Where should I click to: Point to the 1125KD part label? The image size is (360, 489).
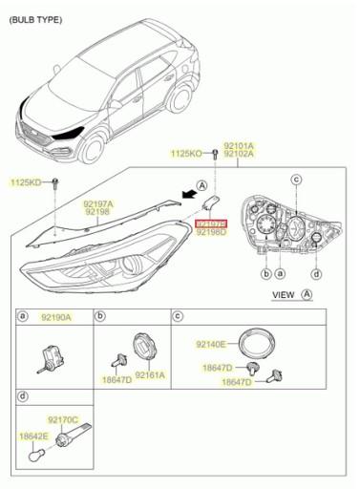coord(27,181)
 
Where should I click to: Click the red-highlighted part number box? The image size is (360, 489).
coord(211,221)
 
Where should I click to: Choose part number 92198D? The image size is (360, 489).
coord(211,231)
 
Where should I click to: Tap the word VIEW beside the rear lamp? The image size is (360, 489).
coord(284,296)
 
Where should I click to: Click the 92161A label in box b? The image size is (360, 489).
coord(149,376)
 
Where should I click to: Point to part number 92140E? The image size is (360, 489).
coord(211,344)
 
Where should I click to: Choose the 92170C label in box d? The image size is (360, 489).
coord(64,418)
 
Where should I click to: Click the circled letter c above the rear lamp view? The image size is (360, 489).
coord(296,179)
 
